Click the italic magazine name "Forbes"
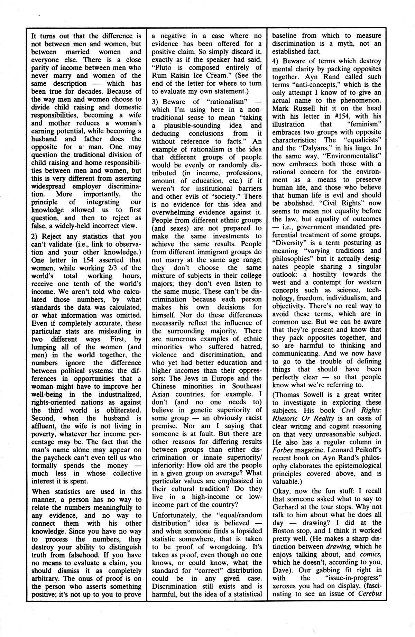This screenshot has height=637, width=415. click(x=283, y=450)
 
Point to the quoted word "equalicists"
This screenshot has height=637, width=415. click(x=360, y=140)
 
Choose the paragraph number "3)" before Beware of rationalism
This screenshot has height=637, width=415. click(x=157, y=102)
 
